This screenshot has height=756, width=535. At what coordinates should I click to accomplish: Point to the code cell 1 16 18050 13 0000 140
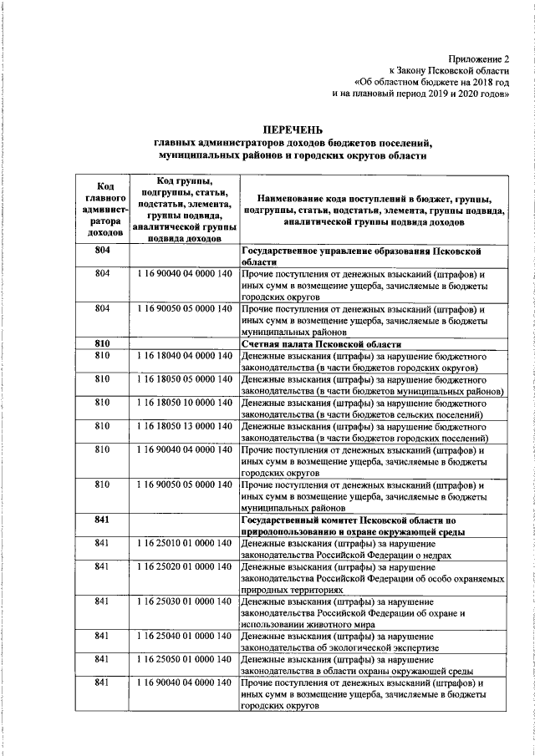click(x=182, y=426)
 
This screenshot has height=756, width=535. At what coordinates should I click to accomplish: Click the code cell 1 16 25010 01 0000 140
click(x=182, y=544)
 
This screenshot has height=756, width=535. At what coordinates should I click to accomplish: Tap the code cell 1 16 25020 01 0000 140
click(x=182, y=567)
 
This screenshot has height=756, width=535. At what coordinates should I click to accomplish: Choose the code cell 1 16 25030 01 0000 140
click(x=182, y=601)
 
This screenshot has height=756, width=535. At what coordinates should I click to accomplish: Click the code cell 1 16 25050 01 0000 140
click(x=182, y=659)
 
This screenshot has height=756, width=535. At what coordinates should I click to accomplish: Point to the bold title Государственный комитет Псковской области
click(x=360, y=520)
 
